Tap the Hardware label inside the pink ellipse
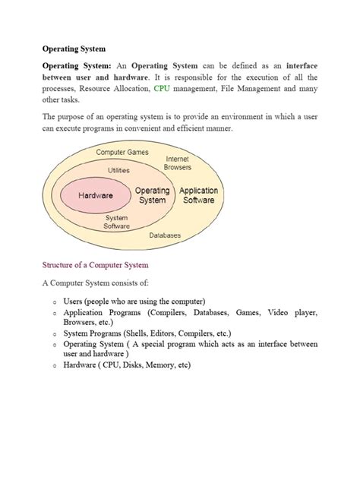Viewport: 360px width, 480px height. (x=96, y=195)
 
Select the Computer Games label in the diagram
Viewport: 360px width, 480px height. (x=122, y=153)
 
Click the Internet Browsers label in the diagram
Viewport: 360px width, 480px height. (x=178, y=163)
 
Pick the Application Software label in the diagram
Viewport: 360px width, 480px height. (x=199, y=195)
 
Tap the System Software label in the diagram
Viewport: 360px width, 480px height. (x=117, y=221)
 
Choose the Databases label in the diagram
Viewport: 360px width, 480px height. (x=165, y=235)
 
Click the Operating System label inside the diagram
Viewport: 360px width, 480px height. (x=153, y=195)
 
